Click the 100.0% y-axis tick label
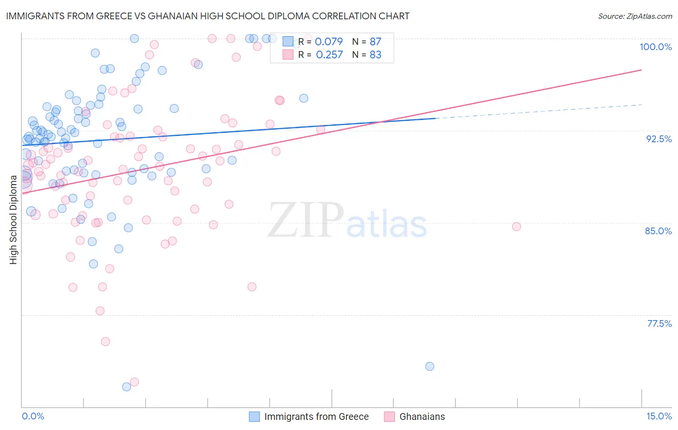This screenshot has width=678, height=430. [x=655, y=47]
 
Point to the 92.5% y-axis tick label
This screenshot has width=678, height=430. [x=659, y=139]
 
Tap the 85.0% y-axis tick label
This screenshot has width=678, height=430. [x=658, y=231]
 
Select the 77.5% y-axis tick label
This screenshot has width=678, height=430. [x=659, y=323]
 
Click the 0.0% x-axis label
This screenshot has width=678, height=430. [x=33, y=416]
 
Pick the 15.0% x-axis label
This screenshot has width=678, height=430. [x=659, y=416]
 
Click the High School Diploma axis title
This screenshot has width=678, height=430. [x=13, y=219]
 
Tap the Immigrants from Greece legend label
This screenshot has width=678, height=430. [x=316, y=417]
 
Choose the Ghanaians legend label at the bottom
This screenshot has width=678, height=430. [x=422, y=417]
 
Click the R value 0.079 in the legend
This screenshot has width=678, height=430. [x=329, y=41]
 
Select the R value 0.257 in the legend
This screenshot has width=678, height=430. [x=329, y=54]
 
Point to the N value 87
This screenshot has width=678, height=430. [x=375, y=41]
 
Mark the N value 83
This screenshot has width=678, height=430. [x=375, y=54]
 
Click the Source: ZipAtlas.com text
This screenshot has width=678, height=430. [x=635, y=16]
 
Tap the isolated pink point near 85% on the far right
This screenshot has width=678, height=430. [x=516, y=227]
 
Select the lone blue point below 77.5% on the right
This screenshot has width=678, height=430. [x=430, y=366]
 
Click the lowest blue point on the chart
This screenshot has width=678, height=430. [x=126, y=387]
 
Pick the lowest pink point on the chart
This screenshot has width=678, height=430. [x=135, y=382]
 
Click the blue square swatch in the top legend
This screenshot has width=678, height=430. [x=288, y=41]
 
